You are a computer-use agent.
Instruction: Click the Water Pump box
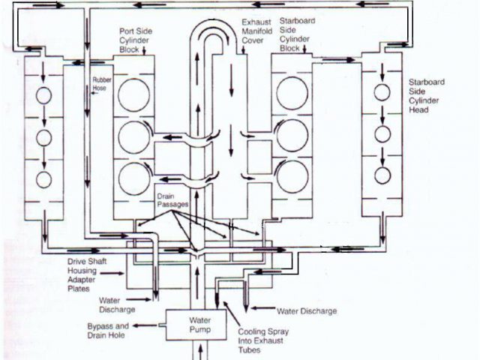point(190,323)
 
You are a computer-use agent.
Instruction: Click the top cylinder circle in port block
point(133,95)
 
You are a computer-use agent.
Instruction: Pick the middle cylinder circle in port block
point(133,136)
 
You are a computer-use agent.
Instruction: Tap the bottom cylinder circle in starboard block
point(292,175)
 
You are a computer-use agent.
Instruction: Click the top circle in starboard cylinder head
point(382,92)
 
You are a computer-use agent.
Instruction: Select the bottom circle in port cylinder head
point(43,179)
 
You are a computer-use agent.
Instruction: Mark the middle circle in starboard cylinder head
point(382,134)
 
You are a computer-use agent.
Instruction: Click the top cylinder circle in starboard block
point(292,93)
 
